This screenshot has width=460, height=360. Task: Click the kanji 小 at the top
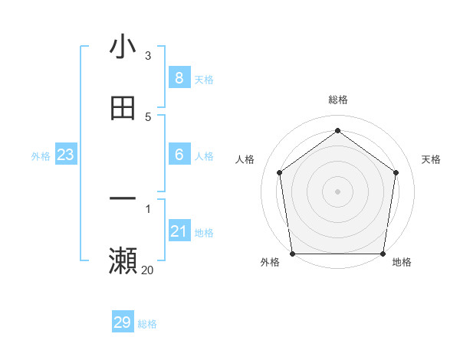pos(123,47)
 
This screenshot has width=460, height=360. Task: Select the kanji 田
pos(123,108)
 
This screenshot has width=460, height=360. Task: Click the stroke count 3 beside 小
pos(148,55)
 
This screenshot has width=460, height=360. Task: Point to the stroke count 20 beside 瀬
pos(147,270)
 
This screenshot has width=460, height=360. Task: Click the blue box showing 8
pos(179,78)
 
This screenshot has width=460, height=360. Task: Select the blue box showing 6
pos(179,155)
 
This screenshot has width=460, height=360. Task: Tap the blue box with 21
pos(179,231)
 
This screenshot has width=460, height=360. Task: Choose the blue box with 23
pos(66,155)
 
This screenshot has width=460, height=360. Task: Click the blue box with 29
pos(123,322)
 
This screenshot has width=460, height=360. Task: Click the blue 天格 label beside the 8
pos(204,80)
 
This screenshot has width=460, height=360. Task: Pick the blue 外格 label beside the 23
pos(41,156)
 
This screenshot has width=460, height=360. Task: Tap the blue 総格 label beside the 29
pos(147,324)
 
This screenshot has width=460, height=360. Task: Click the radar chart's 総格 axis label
pos(337,100)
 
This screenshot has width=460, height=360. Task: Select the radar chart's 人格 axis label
pos(245,159)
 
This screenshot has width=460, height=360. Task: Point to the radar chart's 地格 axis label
pos(402,263)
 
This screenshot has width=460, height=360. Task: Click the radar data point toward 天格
pos(396,172)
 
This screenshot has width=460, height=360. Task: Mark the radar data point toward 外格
pos(293,254)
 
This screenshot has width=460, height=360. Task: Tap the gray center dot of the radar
pos(337,191)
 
